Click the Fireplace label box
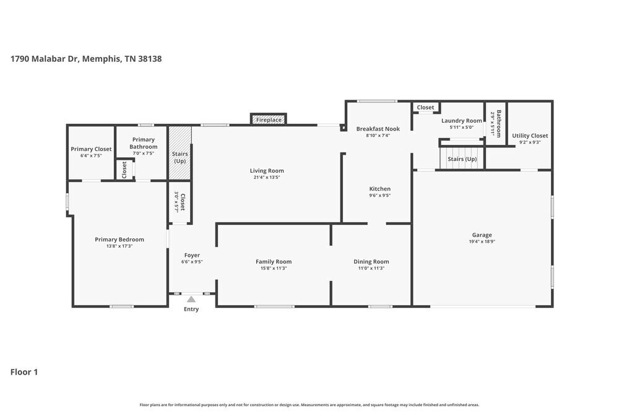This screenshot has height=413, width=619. pos(269,120)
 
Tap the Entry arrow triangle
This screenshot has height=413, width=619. pos(191,300)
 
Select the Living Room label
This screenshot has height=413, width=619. pos(267,171)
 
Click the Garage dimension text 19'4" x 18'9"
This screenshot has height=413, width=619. pos(482,241)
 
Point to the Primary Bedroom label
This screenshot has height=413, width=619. pos(119,240)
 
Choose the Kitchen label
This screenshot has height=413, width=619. pos(380,189)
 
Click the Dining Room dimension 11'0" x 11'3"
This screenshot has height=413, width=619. pos(371,268)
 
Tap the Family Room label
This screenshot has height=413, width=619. pos(274,261)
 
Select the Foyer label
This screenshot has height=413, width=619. pos(192,255)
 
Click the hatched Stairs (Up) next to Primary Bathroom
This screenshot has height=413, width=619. pos(180,154)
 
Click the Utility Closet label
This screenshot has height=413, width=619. pos(529,136)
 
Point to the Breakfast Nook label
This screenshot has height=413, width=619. pos(378,129)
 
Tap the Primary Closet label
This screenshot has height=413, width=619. pos(91,149)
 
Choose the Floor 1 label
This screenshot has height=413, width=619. pos(24,372)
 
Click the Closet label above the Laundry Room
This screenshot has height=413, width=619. pos(425,108)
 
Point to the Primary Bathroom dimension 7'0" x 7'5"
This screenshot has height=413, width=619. pos(144,154)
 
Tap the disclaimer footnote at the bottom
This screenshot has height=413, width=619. pos(309,404)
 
